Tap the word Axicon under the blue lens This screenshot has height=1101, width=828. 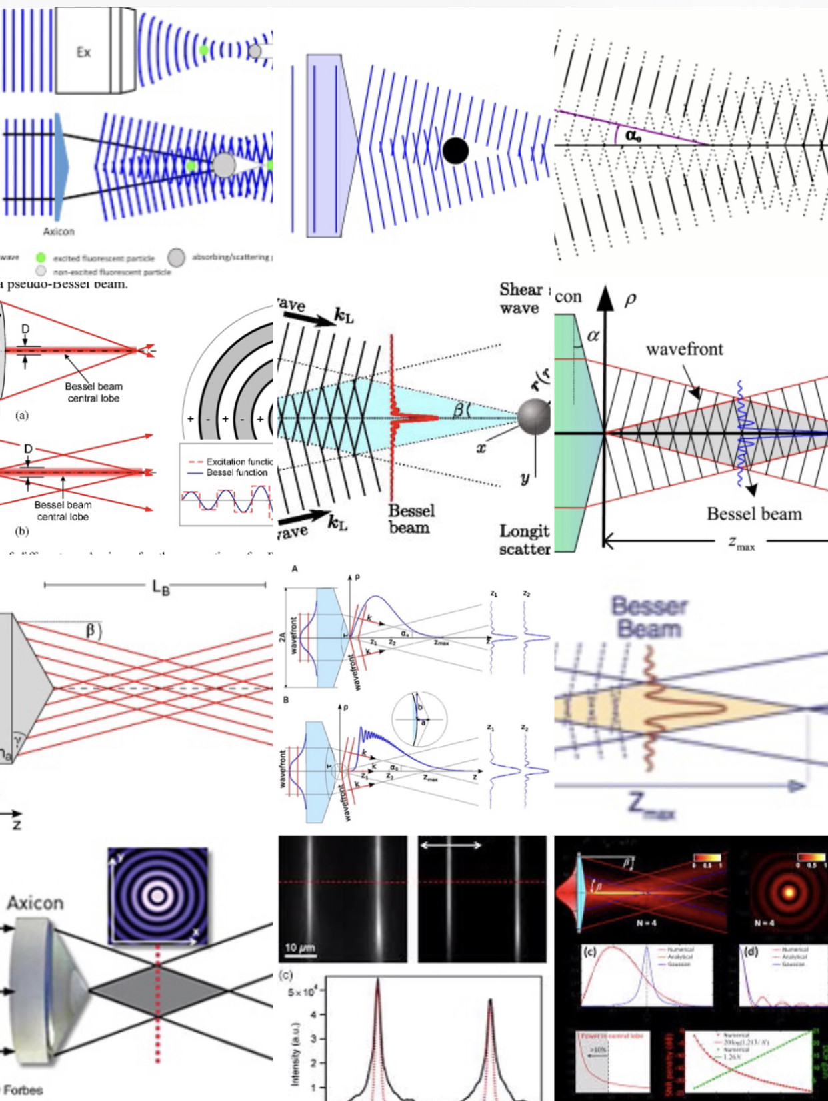[59, 232]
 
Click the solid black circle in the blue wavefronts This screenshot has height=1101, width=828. [455, 151]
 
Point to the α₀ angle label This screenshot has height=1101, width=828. [633, 136]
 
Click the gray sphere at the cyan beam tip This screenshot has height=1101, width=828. [534, 417]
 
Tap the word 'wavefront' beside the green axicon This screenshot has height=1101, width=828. [684, 350]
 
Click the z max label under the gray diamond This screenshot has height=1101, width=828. [741, 543]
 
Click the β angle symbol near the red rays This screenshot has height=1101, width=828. [92, 630]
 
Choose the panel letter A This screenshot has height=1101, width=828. [295, 569]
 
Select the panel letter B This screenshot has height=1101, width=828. [286, 700]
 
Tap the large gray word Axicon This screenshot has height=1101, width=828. [35, 903]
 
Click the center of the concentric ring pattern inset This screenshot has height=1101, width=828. [158, 896]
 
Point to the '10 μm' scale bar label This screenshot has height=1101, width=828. [300, 948]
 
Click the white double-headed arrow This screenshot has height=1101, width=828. [451, 845]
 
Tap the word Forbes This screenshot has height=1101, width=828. [23, 1090]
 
